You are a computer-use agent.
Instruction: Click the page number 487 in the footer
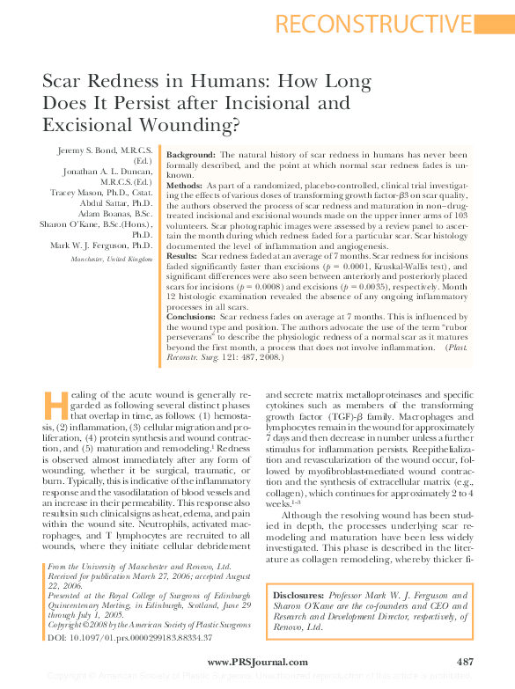point(466,661)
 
